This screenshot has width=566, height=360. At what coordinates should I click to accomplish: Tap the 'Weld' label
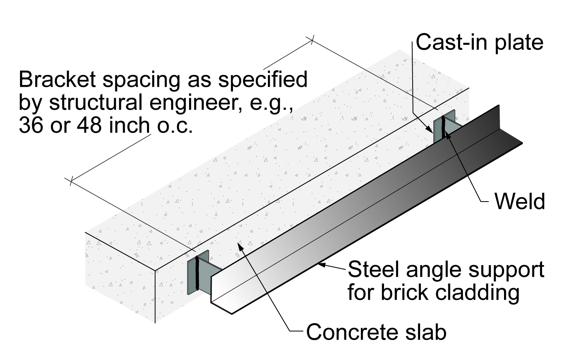(x=519, y=201)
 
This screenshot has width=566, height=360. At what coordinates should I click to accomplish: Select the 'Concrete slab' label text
(x=376, y=332)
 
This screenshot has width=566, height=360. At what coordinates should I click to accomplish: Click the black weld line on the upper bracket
(x=443, y=127)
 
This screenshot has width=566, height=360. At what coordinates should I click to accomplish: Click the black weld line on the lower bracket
(x=197, y=273)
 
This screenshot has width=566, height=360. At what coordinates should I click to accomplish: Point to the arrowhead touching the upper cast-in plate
(x=430, y=129)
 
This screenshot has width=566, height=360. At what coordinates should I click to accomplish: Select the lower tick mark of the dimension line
(x=71, y=181)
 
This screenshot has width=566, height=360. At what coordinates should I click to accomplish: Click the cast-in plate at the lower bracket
(x=192, y=277)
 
